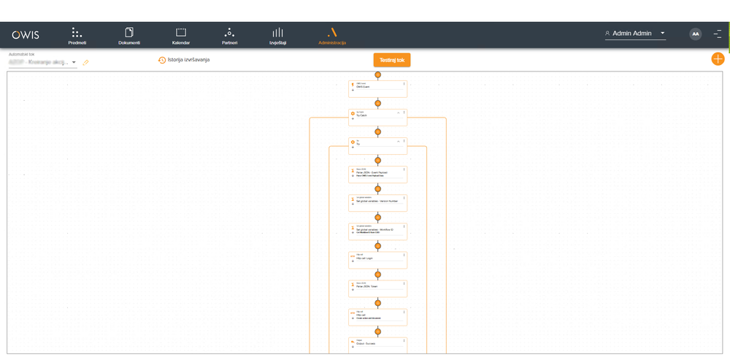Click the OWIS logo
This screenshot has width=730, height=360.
click(26, 34)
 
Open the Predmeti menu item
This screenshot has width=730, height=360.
click(77, 36)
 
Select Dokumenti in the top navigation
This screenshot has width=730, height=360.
click(129, 36)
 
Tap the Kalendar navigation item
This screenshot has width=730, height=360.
click(181, 36)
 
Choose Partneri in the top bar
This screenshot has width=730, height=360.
click(229, 36)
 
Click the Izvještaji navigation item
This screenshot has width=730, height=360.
click(277, 36)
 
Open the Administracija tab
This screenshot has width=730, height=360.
click(332, 36)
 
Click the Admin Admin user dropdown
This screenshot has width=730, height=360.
click(634, 34)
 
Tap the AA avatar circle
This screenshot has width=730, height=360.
click(696, 34)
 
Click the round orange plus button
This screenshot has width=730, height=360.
click(718, 59)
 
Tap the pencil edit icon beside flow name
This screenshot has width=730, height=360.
click(85, 63)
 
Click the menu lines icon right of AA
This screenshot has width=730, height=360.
click(718, 34)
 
